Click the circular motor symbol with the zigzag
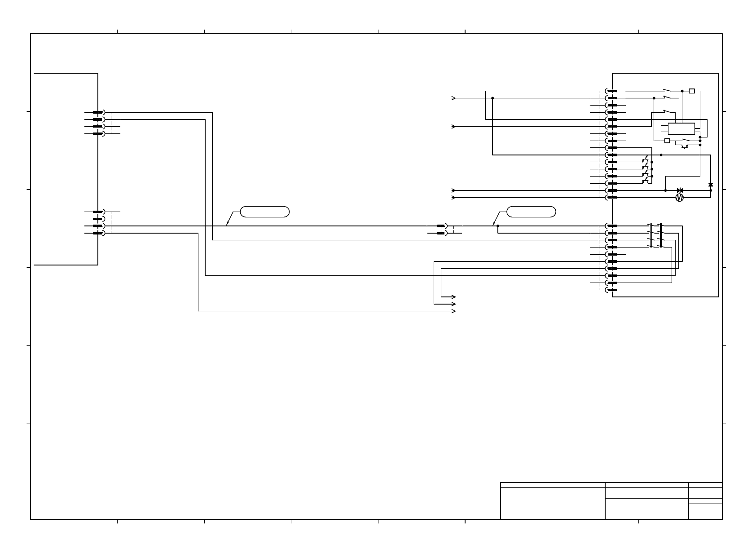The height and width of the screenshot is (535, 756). [679, 198]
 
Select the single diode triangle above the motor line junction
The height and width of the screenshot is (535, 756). [710, 185]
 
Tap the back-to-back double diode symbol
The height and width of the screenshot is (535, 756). [680, 190]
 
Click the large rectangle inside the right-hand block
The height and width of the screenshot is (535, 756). [681, 128]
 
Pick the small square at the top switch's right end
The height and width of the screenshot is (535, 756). [692, 91]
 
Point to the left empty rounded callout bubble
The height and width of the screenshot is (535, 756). [264, 212]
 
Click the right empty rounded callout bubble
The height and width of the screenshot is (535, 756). [531, 212]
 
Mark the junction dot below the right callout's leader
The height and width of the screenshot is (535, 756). [498, 226]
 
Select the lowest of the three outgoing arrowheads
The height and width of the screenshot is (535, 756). [454, 311]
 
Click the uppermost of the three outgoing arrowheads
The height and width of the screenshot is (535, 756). [454, 297]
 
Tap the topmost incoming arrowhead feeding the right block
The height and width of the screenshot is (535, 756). [453, 98]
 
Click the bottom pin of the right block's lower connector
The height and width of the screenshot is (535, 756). [611, 290]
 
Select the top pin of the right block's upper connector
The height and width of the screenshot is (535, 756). [611, 91]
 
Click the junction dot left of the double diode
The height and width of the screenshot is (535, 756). [665, 190]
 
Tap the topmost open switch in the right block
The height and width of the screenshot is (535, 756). [668, 90]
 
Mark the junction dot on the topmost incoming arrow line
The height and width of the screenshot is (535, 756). [492, 98]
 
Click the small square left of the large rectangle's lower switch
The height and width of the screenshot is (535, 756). [667, 141]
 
